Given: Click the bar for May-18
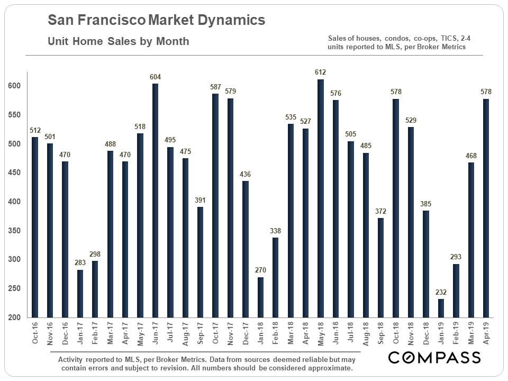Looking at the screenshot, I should point(320,198).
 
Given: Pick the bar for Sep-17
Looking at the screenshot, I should point(200,262).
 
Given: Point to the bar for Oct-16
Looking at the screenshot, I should point(35,227).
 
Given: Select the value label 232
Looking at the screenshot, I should point(440,292).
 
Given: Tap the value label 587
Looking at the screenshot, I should point(215,87).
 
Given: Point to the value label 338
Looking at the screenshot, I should point(275,231).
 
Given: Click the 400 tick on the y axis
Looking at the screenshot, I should point(15,202).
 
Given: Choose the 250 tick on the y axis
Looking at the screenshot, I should point(15,288).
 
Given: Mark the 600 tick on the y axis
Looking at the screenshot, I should point(15,86).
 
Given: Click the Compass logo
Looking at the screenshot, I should point(434,358).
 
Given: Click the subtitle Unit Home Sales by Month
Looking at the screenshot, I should point(118,41).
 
